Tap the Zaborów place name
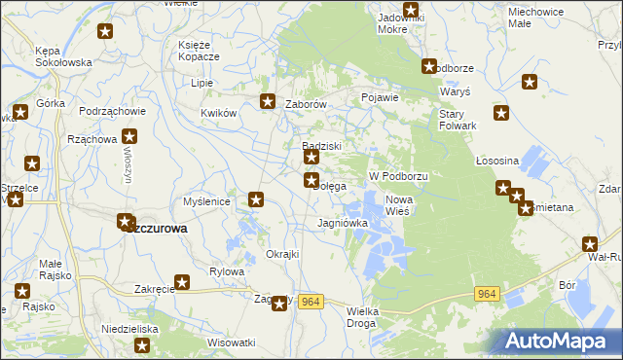[x=303, y=103]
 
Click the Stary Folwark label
[x=456, y=119]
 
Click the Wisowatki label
[x=231, y=342]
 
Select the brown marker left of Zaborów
[x=268, y=100]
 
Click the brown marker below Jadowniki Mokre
[x=411, y=11]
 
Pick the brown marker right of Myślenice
[x=256, y=199]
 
